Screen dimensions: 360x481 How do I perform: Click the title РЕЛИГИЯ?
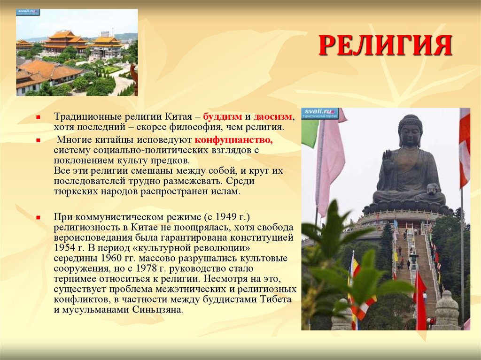click(385, 46)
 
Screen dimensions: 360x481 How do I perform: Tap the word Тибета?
click(276, 299)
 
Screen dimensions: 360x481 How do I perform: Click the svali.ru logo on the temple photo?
click(28, 12)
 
